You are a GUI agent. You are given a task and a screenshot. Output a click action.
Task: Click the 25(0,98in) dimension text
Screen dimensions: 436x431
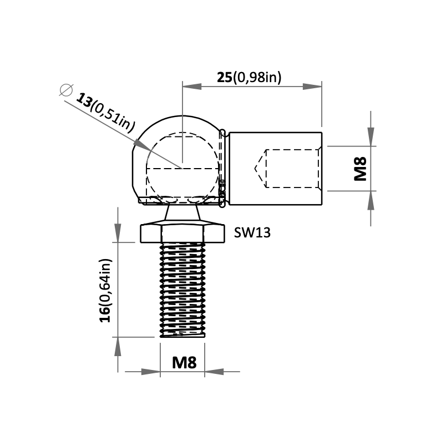click(249, 77)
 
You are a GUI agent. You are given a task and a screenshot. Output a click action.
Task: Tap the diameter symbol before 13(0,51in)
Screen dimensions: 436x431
click(66, 90)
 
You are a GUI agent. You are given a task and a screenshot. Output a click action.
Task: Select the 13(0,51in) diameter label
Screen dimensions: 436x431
click(105, 113)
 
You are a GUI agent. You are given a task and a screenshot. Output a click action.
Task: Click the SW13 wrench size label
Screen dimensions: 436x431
click(252, 232)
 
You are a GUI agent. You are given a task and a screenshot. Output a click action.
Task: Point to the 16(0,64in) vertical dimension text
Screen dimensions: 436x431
click(105, 291)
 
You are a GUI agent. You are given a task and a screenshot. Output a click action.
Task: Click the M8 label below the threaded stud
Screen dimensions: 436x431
click(184, 363)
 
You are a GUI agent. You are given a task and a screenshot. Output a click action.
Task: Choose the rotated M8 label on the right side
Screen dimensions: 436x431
click(361, 169)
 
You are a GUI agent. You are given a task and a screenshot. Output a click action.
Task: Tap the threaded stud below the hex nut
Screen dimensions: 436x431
click(182, 290)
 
